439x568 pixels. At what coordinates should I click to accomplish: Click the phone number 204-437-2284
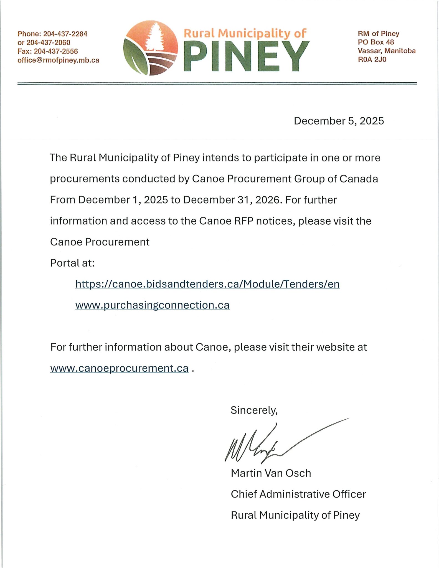click(x=65, y=34)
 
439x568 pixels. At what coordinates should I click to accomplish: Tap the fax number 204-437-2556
click(x=56, y=51)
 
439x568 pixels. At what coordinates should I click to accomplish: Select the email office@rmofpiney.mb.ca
click(x=58, y=60)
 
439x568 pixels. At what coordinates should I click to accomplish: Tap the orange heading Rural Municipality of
click(x=245, y=34)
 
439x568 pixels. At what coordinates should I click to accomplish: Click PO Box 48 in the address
click(x=376, y=42)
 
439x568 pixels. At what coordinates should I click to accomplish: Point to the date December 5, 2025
click(x=339, y=121)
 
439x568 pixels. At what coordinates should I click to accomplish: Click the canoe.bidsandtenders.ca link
click(x=207, y=284)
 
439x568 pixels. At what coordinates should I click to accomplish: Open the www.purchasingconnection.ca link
click(x=152, y=305)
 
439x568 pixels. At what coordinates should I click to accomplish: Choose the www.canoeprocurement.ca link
click(x=119, y=368)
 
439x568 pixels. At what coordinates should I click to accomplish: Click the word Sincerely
click(x=254, y=410)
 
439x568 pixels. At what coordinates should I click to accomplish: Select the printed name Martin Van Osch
click(x=271, y=473)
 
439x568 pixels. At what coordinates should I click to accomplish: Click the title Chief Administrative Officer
click(x=298, y=494)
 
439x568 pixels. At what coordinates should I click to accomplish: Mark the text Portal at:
click(x=72, y=263)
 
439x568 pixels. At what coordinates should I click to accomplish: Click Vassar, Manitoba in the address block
click(x=386, y=51)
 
